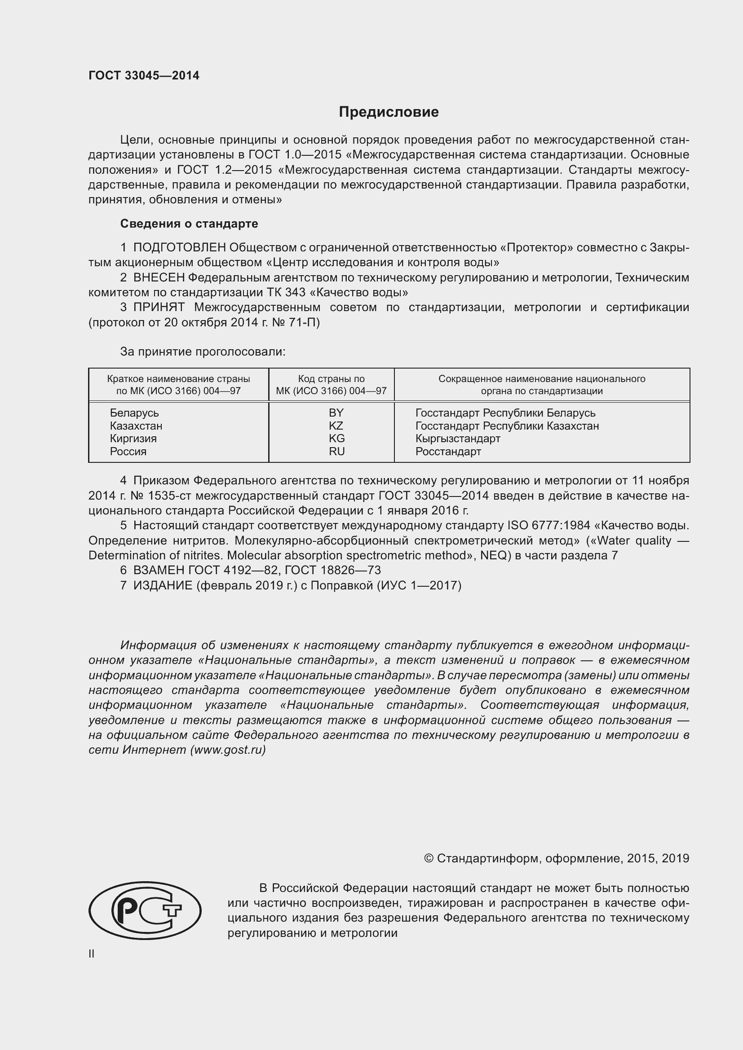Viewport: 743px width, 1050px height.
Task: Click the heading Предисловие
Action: (x=389, y=112)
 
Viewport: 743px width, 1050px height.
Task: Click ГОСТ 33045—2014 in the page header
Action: (x=144, y=76)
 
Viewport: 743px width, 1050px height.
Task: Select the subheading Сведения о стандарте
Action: (x=189, y=224)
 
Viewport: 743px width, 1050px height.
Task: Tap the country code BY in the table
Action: (x=336, y=413)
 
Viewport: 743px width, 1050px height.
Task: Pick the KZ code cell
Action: (x=336, y=426)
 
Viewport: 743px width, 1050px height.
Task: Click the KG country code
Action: (x=336, y=438)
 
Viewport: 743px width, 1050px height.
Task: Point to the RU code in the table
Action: (x=336, y=451)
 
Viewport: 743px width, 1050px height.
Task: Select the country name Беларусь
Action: (x=134, y=413)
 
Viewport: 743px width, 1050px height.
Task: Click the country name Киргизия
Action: (x=133, y=439)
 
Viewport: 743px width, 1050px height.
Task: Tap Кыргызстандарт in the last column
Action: (x=457, y=439)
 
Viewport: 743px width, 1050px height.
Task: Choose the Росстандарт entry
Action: (x=448, y=451)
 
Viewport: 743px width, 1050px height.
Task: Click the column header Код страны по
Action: (x=331, y=379)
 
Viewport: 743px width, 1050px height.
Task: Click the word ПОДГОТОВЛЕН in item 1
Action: (x=179, y=247)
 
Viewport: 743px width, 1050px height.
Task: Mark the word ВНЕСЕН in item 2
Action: (x=159, y=277)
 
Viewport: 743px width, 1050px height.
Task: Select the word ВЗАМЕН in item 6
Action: (x=158, y=570)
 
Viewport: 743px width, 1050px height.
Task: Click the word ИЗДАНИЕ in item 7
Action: (x=163, y=585)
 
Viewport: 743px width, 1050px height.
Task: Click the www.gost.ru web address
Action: (x=228, y=750)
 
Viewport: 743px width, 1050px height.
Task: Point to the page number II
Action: (x=92, y=953)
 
